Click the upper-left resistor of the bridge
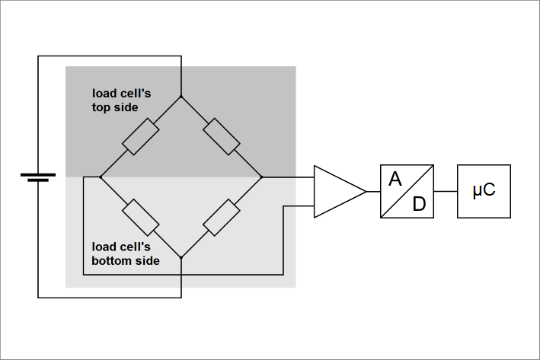(x=141, y=137)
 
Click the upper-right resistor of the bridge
(x=222, y=137)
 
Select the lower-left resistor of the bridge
(x=141, y=218)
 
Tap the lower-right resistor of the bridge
(x=222, y=218)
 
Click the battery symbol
(x=38, y=177)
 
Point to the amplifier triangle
(x=336, y=191)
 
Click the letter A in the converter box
(x=395, y=180)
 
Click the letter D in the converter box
(x=420, y=203)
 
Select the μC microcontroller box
(x=484, y=191)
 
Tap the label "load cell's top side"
(x=122, y=100)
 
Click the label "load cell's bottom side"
(x=125, y=253)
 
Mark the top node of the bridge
(x=181, y=97)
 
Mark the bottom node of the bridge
(x=181, y=258)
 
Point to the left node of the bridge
(x=101, y=177)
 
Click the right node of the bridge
(x=262, y=177)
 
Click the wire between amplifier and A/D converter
(x=373, y=191)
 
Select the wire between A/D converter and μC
(x=446, y=191)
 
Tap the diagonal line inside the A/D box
(x=408, y=190)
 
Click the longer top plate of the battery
(x=38, y=174)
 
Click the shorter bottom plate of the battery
(x=38, y=181)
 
